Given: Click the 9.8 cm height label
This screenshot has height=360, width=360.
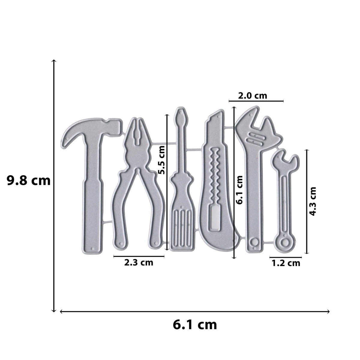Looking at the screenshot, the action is [28, 181].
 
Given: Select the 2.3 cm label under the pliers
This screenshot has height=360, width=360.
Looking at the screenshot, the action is [139, 263].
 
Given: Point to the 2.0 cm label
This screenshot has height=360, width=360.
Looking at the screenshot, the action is [252, 96].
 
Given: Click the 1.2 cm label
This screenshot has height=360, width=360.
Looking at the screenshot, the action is [286, 263].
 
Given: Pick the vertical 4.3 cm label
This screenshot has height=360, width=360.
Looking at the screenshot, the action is [312, 201].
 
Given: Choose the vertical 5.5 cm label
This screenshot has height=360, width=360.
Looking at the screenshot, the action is [161, 160].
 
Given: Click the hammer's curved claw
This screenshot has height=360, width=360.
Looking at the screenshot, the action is [72, 132].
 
